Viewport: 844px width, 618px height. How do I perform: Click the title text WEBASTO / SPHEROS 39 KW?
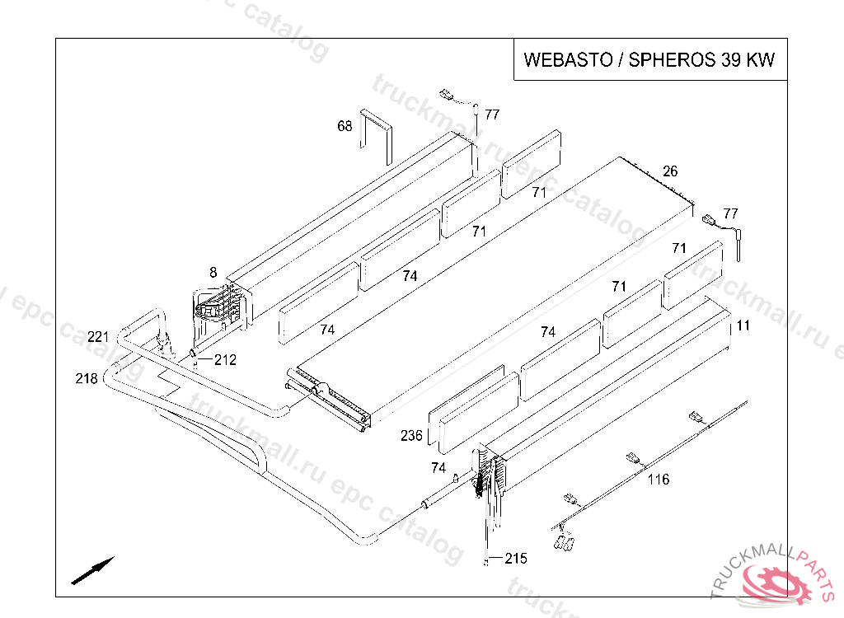click(x=649, y=59)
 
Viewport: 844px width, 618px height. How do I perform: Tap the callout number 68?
click(x=345, y=126)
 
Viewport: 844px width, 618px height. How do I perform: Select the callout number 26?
click(x=670, y=171)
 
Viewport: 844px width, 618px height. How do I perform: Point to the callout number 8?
click(x=213, y=273)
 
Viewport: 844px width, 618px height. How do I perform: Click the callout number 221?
click(x=98, y=337)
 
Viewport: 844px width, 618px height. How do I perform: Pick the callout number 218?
click(x=86, y=378)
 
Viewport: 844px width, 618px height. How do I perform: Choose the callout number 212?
click(x=225, y=359)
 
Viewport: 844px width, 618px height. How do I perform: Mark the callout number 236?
click(x=411, y=435)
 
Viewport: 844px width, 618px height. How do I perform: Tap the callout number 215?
click(x=516, y=559)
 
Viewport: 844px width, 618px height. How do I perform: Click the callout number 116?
click(x=659, y=479)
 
